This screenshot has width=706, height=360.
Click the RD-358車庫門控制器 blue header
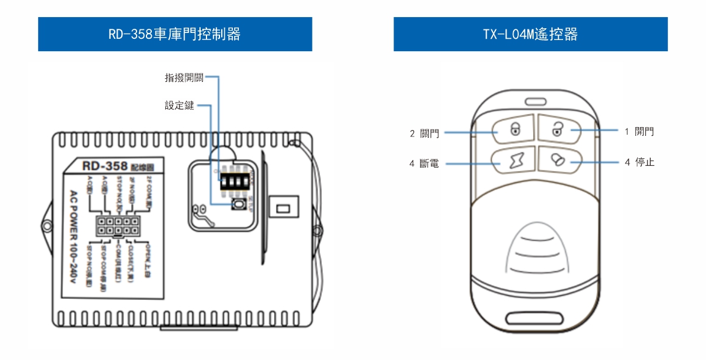pyautogui.click(x=175, y=34)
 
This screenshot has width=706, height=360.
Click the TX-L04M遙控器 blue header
pyautogui.click(x=530, y=34)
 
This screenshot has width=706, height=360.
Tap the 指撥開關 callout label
pyautogui.click(x=184, y=78)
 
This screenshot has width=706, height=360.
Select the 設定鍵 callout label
pyautogui.click(x=179, y=106)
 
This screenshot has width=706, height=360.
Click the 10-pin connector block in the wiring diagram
pyautogui.click(x=118, y=226)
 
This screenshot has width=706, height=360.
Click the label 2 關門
pyautogui.click(x=424, y=134)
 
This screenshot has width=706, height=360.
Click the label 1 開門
pyautogui.click(x=639, y=132)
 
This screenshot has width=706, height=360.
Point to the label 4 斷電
pyautogui.click(x=424, y=164)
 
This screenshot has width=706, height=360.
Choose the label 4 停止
pyautogui.click(x=640, y=162)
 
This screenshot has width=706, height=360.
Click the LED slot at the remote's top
pyautogui.click(x=536, y=101)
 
